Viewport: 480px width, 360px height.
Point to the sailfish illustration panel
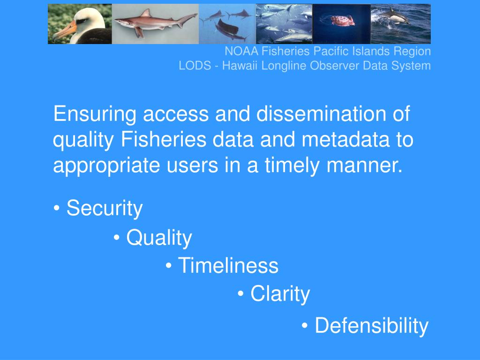(x=227, y=23)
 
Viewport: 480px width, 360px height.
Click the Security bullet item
(x=104, y=208)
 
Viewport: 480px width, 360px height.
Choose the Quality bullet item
(x=158, y=238)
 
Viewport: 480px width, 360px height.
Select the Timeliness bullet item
(x=228, y=266)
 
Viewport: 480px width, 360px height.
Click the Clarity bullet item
(x=280, y=294)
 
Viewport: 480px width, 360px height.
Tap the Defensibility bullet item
(x=371, y=325)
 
